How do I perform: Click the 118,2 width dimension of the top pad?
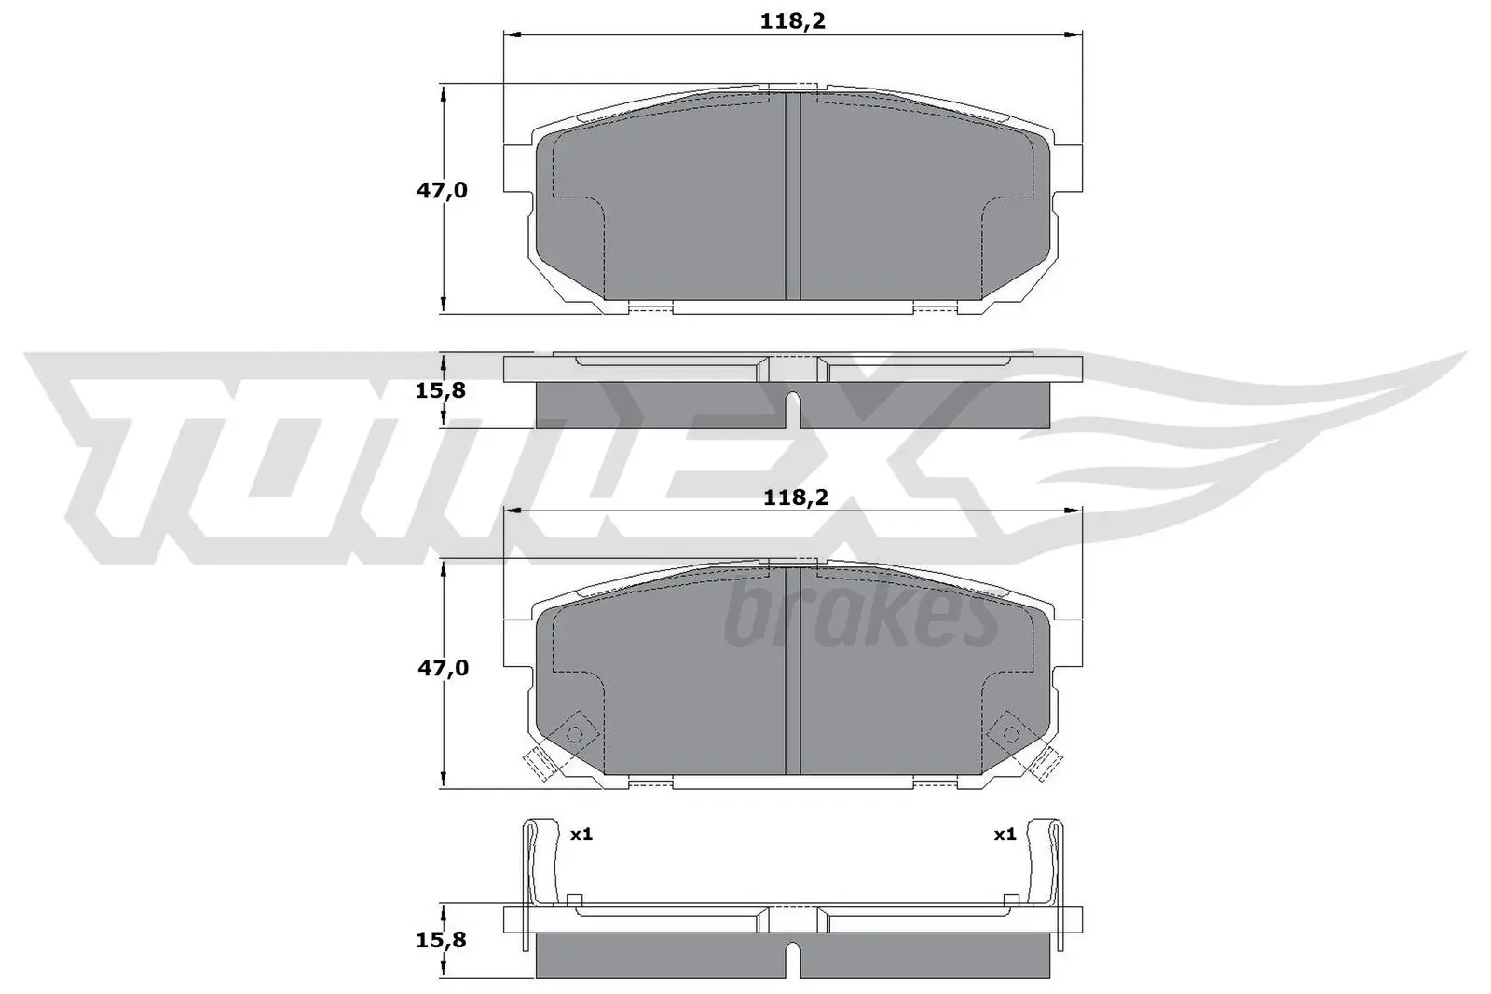click(x=793, y=20)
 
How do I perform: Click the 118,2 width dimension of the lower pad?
click(x=795, y=497)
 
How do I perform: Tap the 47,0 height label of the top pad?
click(x=442, y=191)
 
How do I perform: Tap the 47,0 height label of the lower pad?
click(x=442, y=668)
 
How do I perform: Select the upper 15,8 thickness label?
click(x=440, y=390)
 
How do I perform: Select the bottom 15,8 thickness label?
click(x=440, y=940)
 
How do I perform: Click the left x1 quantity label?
click(x=581, y=835)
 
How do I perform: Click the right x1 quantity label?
click(x=1004, y=835)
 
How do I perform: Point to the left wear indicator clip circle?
click(x=574, y=734)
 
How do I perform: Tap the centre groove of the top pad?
click(x=793, y=196)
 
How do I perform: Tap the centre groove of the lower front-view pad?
click(x=793, y=671)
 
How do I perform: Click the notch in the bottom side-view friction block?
click(x=793, y=960)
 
